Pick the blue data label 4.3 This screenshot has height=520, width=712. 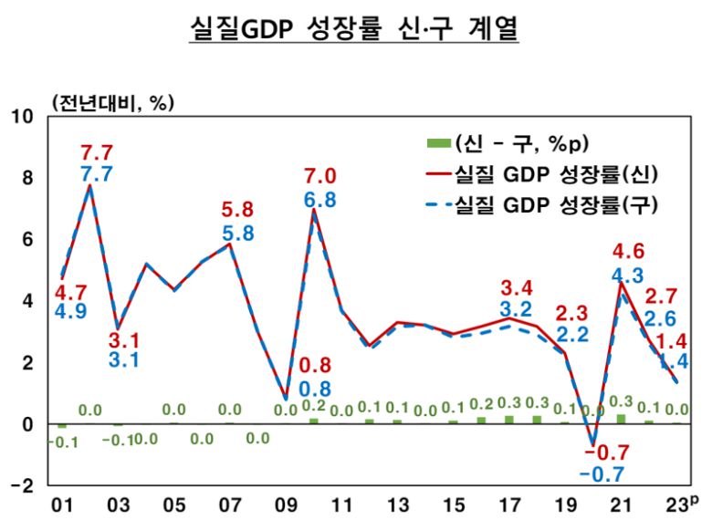tap(623, 273)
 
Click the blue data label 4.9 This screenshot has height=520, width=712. tap(69, 316)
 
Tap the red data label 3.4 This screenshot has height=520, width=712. tap(516, 289)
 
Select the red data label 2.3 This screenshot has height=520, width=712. tap(572, 312)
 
